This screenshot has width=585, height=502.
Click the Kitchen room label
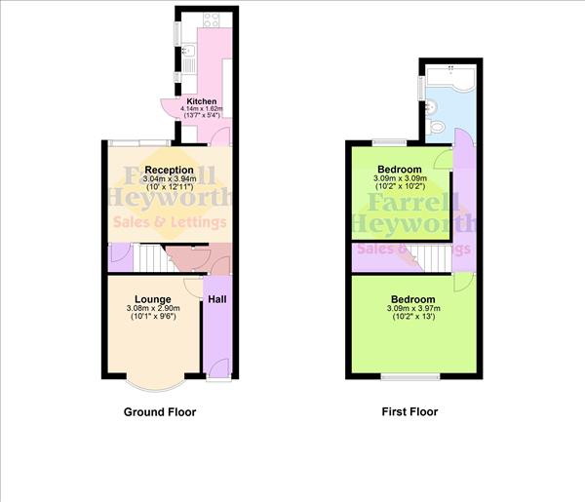(202, 101)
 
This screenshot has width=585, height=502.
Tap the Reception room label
(169, 170)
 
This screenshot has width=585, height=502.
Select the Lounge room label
(153, 299)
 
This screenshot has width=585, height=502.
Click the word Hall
(217, 299)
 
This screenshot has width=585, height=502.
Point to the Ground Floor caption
(160, 412)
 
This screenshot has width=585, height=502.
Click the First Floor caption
(409, 411)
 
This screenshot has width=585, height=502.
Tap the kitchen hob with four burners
(212, 19)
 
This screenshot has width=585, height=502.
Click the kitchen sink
(189, 50)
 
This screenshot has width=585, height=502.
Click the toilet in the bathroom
(436, 128)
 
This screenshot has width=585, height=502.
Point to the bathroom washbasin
(432, 105)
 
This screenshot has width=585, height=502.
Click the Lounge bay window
(155, 384)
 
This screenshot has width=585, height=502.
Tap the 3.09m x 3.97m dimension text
(413, 308)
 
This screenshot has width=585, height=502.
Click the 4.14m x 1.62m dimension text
(202, 108)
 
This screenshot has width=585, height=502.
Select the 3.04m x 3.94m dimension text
(170, 179)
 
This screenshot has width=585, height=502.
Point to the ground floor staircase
(151, 257)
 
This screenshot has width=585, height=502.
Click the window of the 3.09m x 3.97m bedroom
(410, 377)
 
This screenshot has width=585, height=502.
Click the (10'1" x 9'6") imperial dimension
(153, 316)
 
